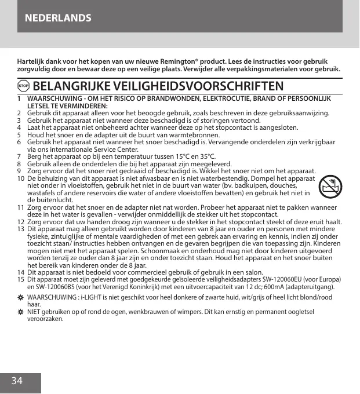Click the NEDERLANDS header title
(x=58, y=17)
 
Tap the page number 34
(x=17, y=381)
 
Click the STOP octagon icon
(x=24, y=86)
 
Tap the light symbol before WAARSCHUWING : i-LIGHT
(x=21, y=297)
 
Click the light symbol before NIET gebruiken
(x=21, y=312)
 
